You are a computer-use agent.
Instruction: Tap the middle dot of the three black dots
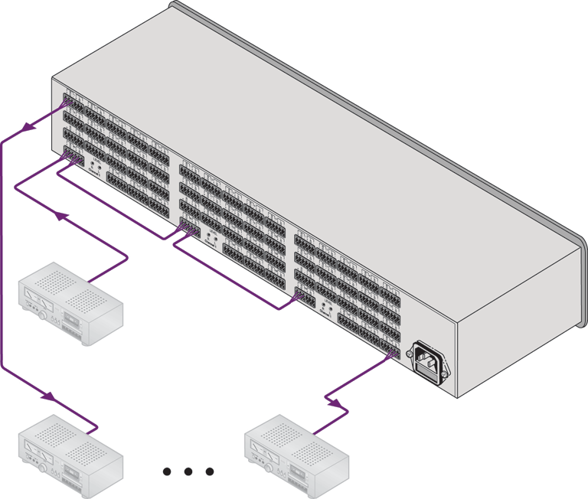tap(188, 472)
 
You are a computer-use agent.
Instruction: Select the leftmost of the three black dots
tap(168, 472)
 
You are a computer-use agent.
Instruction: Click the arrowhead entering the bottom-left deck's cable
tap(47, 397)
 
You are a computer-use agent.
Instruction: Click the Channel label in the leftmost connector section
tap(94, 173)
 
